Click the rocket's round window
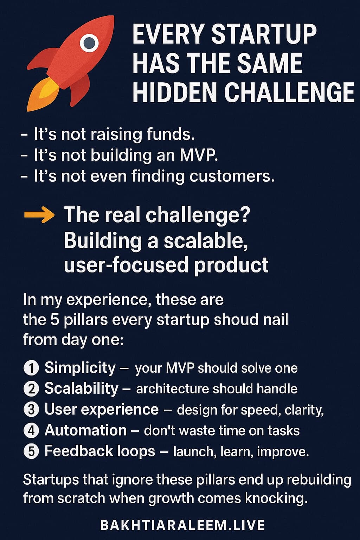(x=89, y=43)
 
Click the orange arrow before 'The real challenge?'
(x=39, y=215)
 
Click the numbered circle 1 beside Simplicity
(x=31, y=368)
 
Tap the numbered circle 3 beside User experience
(x=31, y=410)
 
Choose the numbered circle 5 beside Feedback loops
(x=31, y=451)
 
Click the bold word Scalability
(x=81, y=388)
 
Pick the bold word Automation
(x=85, y=430)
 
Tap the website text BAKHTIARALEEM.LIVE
(x=182, y=525)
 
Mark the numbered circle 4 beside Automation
(x=31, y=430)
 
